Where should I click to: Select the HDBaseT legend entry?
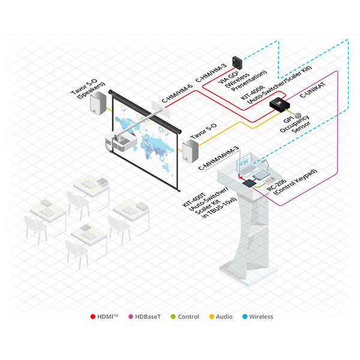pyautogui.click(x=145, y=317)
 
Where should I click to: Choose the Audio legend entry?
pyautogui.click(x=223, y=317)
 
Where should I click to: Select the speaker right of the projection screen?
pyautogui.click(x=191, y=150)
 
